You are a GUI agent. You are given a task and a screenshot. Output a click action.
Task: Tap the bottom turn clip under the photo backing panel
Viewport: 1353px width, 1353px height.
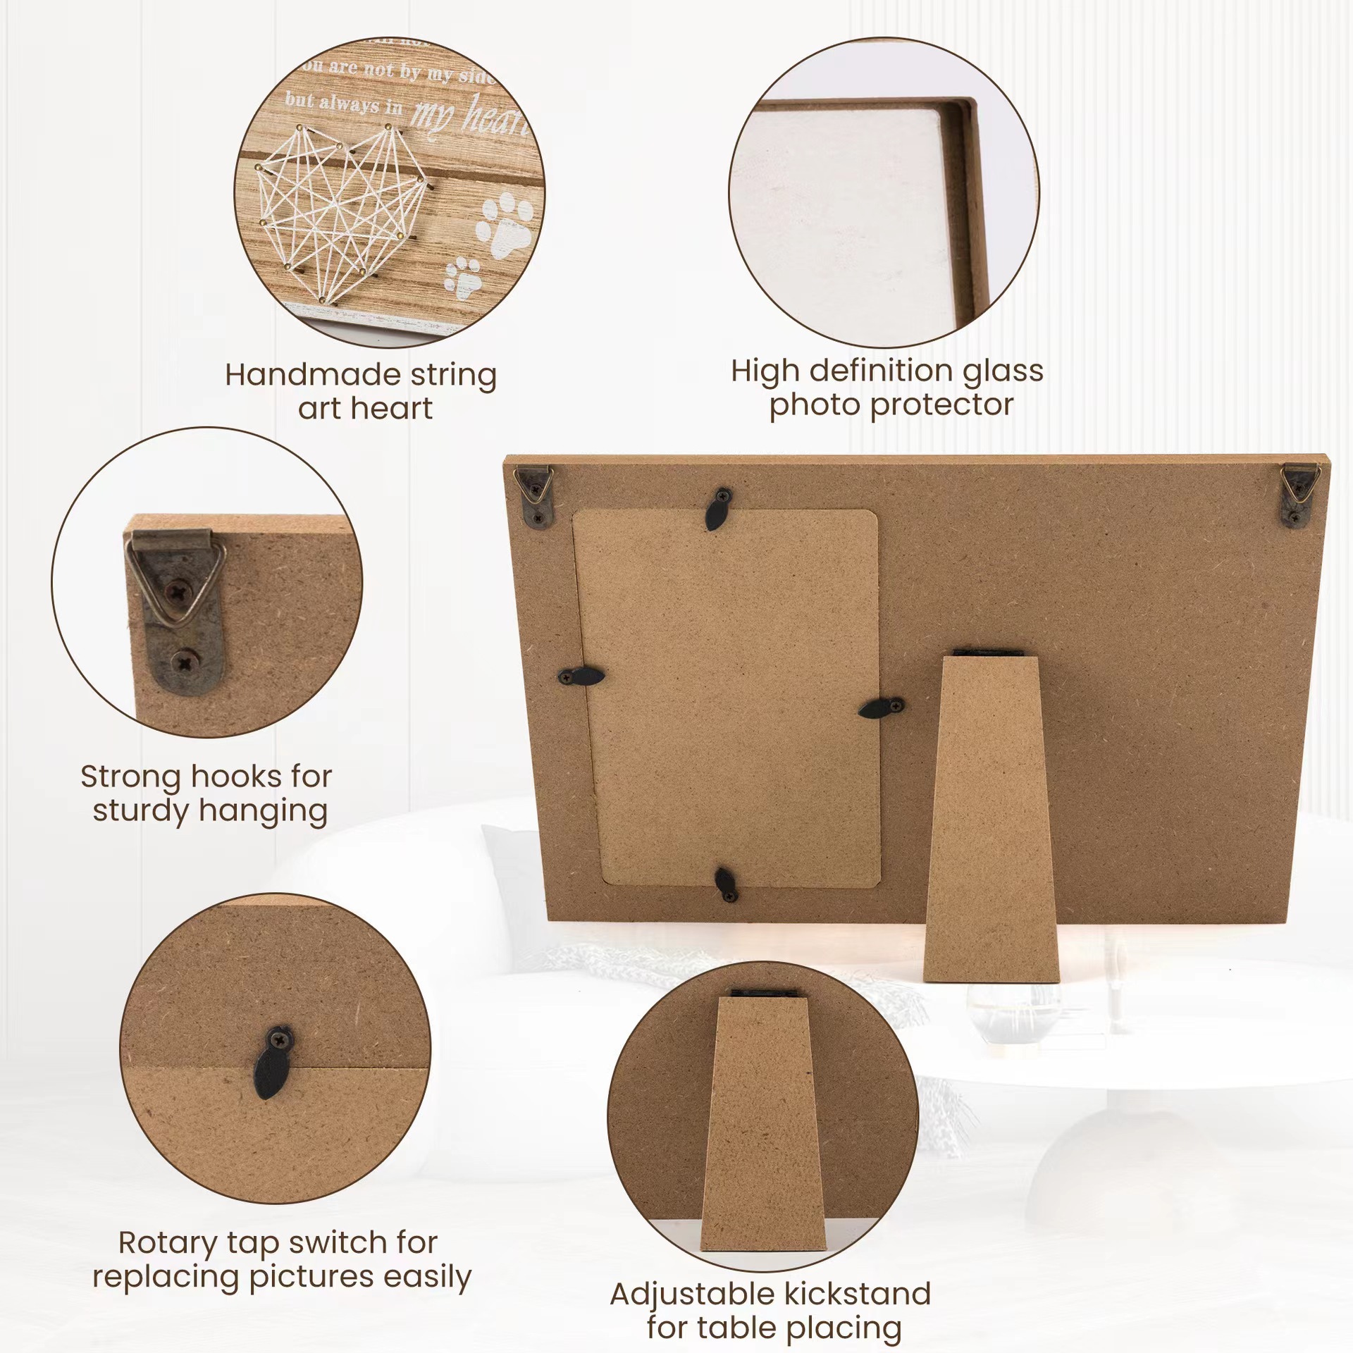click(x=726, y=884)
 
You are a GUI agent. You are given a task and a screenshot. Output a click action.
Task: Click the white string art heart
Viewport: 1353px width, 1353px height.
click(x=338, y=211)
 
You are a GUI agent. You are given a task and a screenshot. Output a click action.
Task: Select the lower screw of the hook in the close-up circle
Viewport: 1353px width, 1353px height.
click(x=185, y=662)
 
